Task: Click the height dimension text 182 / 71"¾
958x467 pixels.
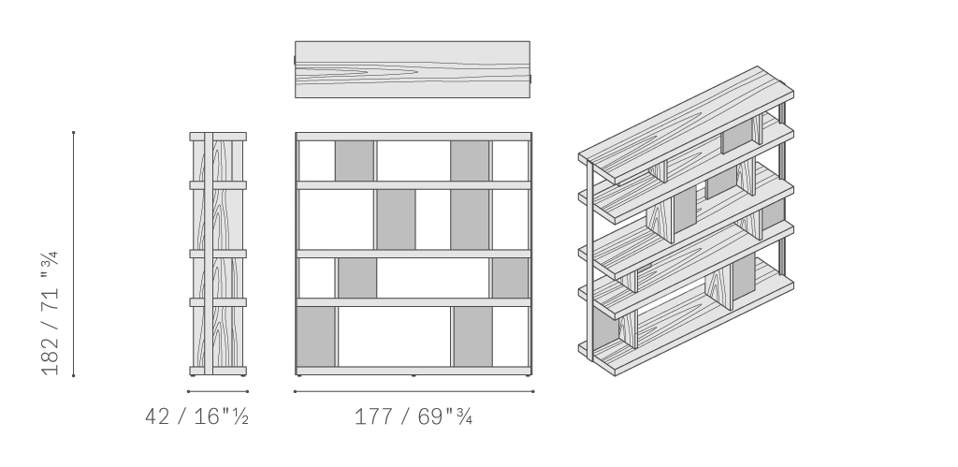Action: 50,313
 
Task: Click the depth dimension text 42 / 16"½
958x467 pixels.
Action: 196,416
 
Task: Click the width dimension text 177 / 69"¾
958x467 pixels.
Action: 413,416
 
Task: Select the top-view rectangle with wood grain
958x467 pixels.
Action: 413,69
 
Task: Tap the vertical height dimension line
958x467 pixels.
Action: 73,254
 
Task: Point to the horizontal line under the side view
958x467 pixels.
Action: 218,391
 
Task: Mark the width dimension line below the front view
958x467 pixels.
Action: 414,391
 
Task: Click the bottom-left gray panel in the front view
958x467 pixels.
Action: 316,336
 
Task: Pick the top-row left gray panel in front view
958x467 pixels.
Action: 355,161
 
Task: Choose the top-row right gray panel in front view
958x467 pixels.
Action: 470,161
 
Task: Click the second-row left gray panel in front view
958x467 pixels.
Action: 396,219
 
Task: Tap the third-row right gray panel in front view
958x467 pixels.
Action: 510,278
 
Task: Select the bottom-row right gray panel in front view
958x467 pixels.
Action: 472,336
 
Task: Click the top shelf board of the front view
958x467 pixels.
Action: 414,137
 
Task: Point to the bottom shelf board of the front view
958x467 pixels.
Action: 414,371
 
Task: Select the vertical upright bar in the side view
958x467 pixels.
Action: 209,254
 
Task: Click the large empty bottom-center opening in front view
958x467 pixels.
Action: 394,336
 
